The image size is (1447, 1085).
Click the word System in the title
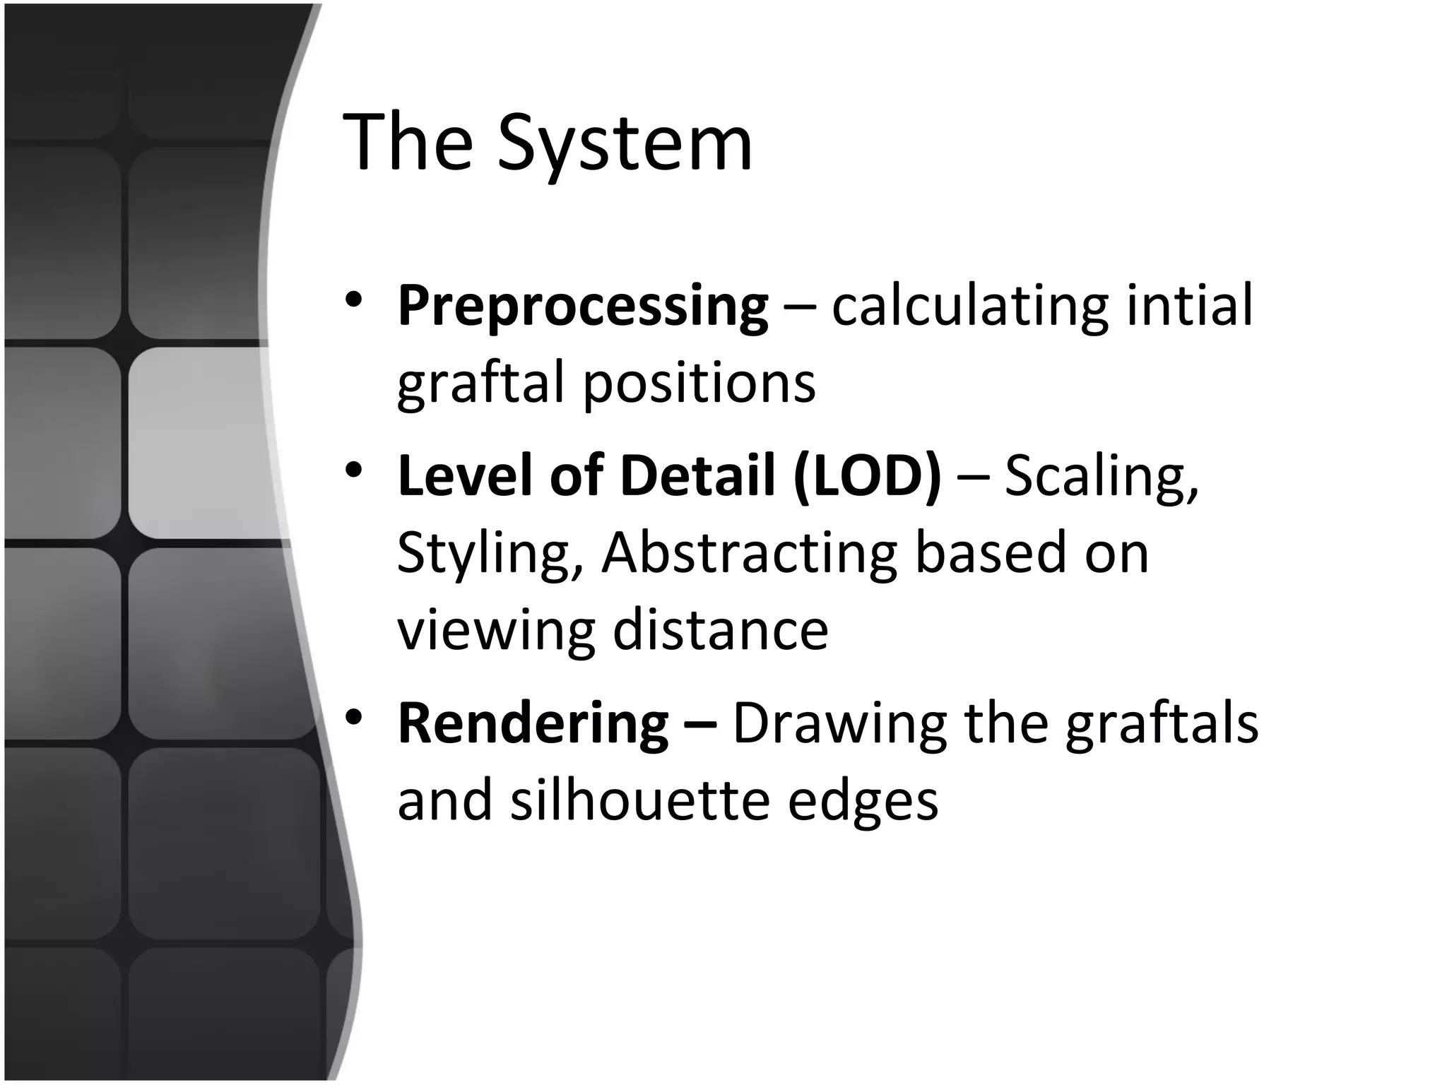click(625, 144)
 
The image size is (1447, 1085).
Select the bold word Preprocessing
click(583, 307)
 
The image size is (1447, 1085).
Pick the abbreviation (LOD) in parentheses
click(867, 475)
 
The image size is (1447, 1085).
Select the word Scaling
click(1102, 476)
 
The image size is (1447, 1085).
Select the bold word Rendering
click(533, 723)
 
